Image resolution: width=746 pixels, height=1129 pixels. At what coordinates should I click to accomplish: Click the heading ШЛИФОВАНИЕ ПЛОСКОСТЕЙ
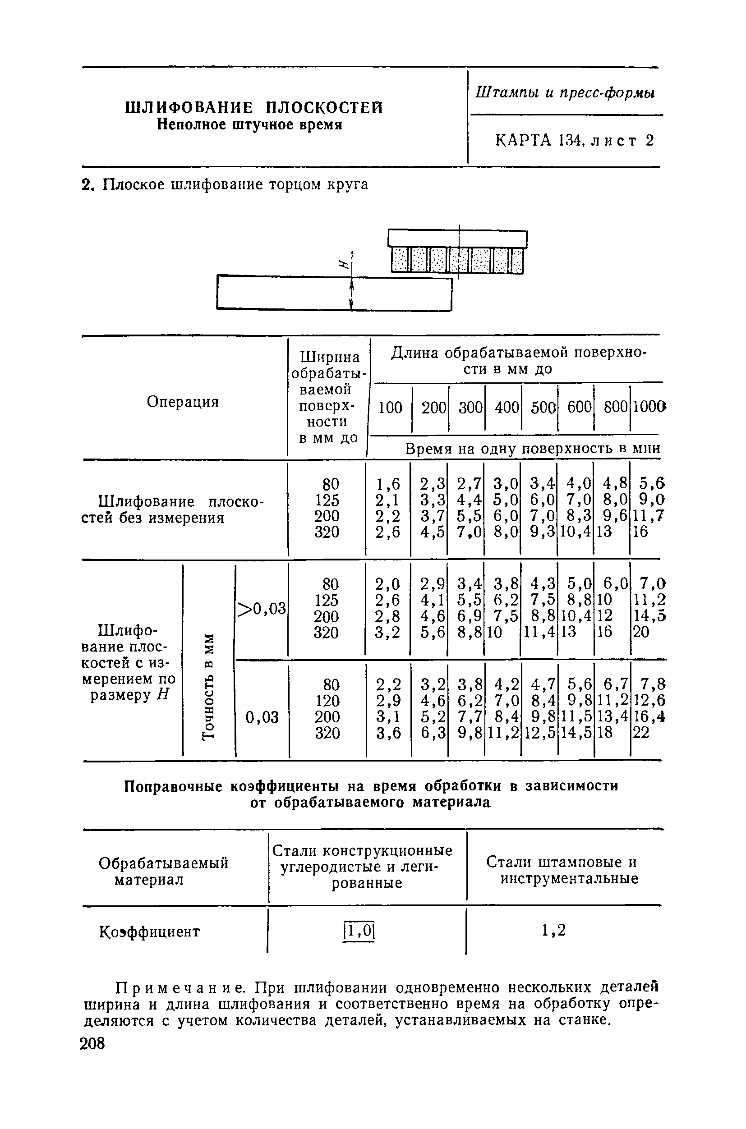pyautogui.click(x=253, y=108)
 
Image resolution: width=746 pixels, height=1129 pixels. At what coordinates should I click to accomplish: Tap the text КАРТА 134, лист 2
pyautogui.click(x=575, y=140)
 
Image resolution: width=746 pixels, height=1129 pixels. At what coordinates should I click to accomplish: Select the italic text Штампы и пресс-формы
pyautogui.click(x=565, y=93)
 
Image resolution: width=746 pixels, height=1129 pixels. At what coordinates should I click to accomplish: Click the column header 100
pyautogui.click(x=390, y=408)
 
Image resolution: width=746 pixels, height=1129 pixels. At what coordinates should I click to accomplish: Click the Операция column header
pyautogui.click(x=183, y=402)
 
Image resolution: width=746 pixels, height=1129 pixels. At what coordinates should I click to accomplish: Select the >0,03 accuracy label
pyautogui.click(x=261, y=608)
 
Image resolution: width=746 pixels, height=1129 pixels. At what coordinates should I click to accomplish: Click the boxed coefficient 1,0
pyautogui.click(x=359, y=930)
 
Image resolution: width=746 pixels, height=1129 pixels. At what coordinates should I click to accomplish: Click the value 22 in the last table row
pyautogui.click(x=641, y=733)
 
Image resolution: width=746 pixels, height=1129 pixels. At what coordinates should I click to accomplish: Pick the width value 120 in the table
pyautogui.click(x=327, y=701)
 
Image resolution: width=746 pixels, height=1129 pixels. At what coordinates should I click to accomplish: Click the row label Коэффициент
pyautogui.click(x=149, y=931)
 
